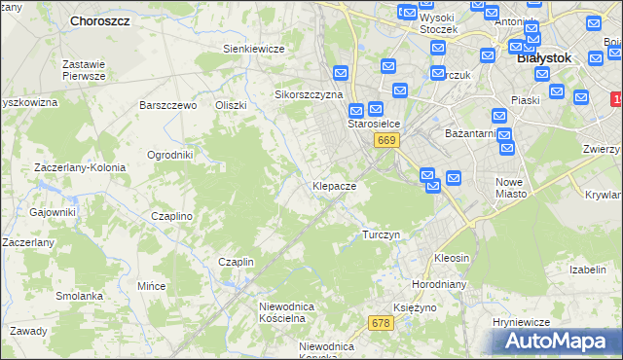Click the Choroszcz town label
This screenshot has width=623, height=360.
(101, 19)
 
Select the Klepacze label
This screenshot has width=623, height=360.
(333, 185)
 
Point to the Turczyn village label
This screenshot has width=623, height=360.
(381, 235)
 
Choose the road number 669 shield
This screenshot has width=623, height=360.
(386, 141)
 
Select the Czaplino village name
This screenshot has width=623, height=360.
(170, 216)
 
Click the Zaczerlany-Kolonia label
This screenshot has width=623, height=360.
(80, 167)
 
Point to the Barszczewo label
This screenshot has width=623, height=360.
(168, 105)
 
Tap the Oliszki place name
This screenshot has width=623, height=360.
(232, 105)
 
